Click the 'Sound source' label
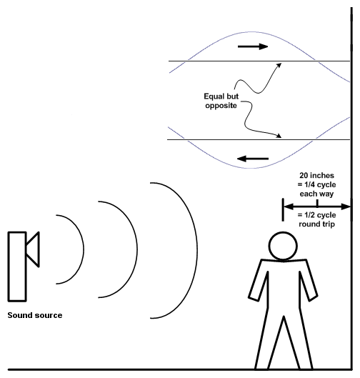coord(35,315)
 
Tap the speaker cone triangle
coord(33,249)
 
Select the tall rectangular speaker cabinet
coord(17,267)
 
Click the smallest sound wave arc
coord(84,249)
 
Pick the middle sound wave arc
coord(137,249)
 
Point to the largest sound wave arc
coord(197,250)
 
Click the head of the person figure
coord(283,246)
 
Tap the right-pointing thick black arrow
coord(253,46)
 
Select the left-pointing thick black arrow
coord(253,159)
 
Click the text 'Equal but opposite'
coord(221,101)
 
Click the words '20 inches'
coord(316,175)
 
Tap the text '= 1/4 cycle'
coord(316,184)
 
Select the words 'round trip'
coord(316,224)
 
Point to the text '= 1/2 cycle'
coord(316,215)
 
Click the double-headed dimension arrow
coord(316,207)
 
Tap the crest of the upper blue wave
coord(252,32)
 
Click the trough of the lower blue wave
coord(252,168)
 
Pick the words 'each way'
coord(316,194)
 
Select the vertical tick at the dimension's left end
coord(283,209)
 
